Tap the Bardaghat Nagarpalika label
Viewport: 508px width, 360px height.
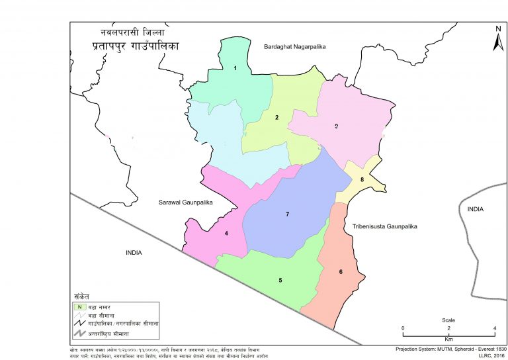point(296,47)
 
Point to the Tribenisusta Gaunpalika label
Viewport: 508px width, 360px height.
point(386,226)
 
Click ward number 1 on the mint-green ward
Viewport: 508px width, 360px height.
point(235,68)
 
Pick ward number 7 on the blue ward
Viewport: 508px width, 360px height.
point(288,214)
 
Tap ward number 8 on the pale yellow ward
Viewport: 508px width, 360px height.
point(362,179)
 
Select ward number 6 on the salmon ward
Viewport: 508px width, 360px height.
point(341,272)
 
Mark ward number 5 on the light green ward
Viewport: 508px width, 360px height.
point(280,281)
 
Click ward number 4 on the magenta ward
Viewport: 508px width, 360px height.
point(226,233)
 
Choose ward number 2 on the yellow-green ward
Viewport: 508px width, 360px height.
point(276,118)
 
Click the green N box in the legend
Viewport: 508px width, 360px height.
point(79,306)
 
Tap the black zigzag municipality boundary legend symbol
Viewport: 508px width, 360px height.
point(79,324)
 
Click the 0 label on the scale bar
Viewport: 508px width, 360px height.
point(403,328)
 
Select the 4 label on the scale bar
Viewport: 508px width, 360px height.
point(494,328)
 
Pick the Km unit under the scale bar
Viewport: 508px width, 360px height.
point(448,338)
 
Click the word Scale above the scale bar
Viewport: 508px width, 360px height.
point(448,320)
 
